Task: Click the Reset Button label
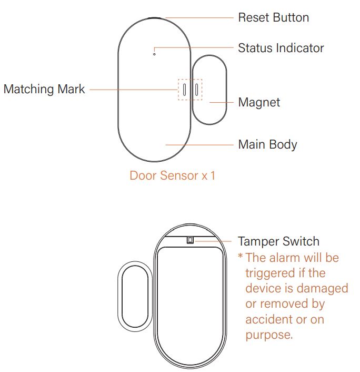point(273,17)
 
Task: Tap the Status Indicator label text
point(281,48)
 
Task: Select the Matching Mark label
point(44,90)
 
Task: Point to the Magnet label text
point(259,103)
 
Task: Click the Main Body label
point(267,145)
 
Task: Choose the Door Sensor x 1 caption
point(172,175)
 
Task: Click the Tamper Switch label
point(278,241)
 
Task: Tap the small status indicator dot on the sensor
point(154,54)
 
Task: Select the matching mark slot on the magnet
point(196,89)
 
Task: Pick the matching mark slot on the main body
point(184,89)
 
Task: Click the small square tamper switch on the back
point(190,240)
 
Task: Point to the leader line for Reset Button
point(199,17)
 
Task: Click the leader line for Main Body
point(199,145)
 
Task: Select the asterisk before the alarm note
point(241,256)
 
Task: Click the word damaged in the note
point(322,289)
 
